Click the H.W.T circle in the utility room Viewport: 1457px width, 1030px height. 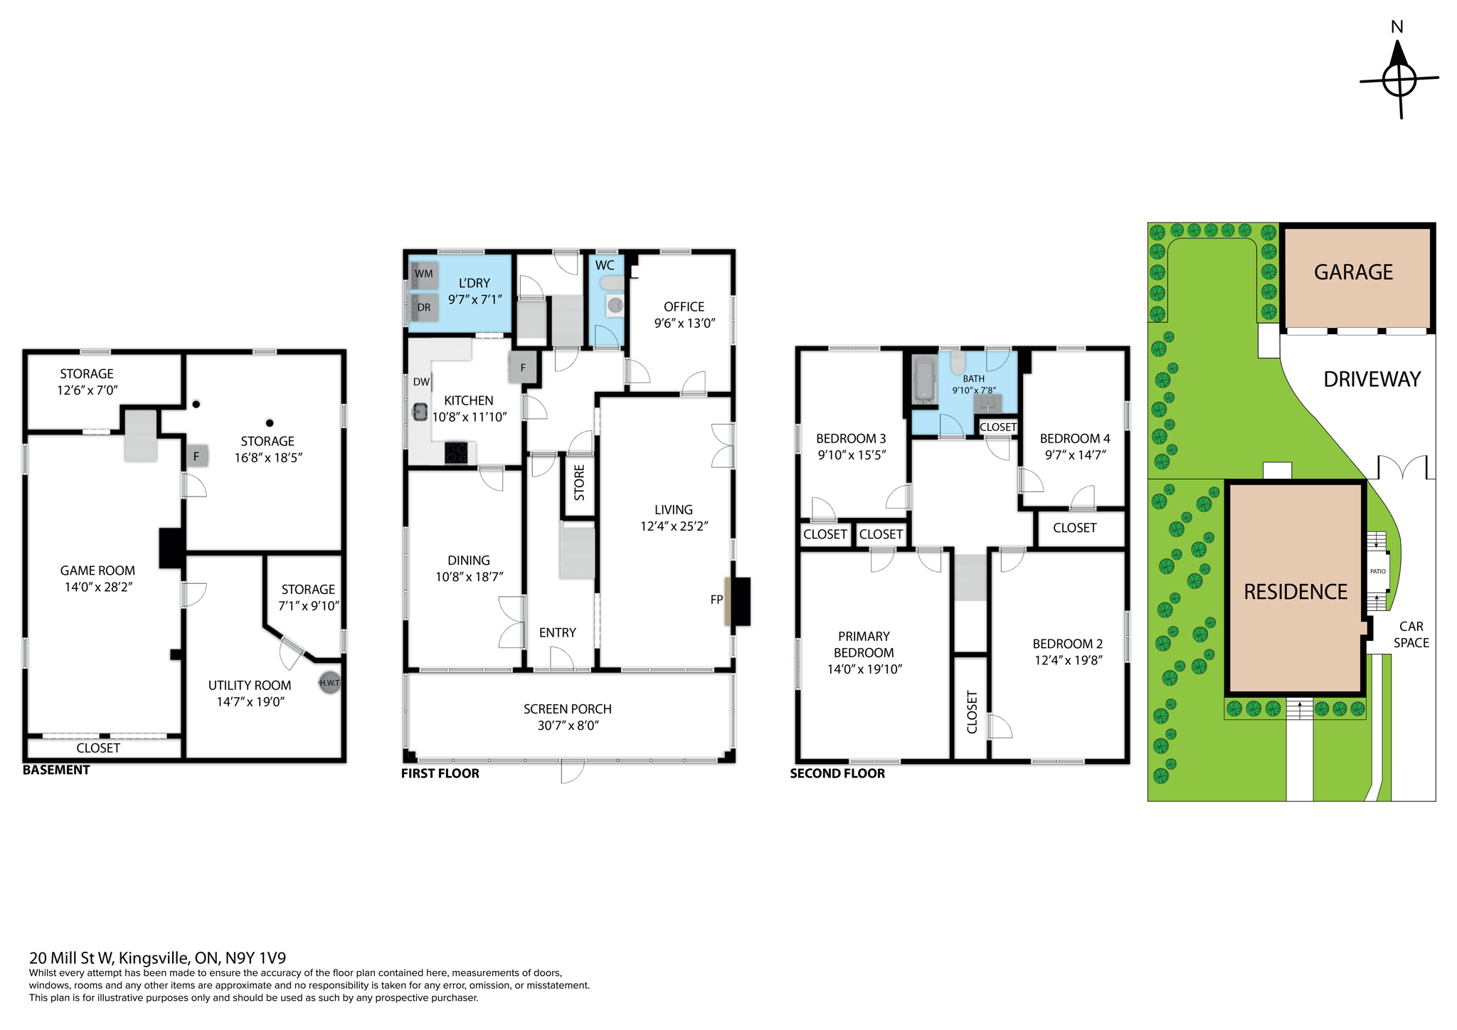(329, 683)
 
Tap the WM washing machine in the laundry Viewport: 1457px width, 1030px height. (425, 275)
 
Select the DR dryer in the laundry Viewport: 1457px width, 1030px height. (425, 308)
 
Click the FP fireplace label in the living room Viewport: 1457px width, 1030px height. (716, 600)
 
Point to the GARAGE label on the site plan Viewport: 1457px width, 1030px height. (1353, 272)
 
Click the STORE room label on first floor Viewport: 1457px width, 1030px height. (579, 482)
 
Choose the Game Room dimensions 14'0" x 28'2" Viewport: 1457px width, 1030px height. (97, 587)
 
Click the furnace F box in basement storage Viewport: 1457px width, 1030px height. (196, 456)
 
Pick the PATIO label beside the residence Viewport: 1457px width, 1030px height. (1378, 571)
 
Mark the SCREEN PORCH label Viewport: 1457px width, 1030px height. (567, 708)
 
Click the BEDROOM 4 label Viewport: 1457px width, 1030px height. (1074, 438)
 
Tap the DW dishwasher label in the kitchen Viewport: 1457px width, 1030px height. (421, 382)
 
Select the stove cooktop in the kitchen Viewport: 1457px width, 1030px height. (456, 452)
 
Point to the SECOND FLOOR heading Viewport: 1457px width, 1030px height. (837, 773)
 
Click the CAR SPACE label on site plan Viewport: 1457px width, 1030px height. (1411, 635)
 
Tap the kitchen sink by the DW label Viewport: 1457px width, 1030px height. (420, 411)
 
